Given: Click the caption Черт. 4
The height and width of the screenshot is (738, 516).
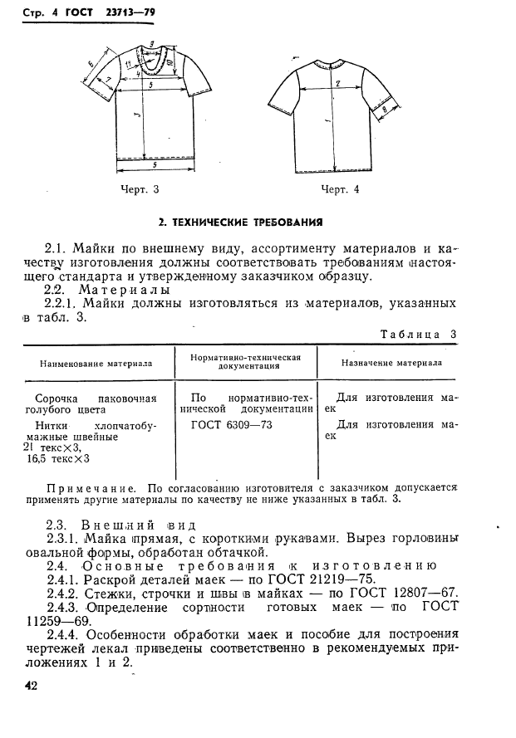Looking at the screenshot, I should tap(340, 189).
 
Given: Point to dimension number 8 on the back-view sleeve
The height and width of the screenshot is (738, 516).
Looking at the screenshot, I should tap(384, 109).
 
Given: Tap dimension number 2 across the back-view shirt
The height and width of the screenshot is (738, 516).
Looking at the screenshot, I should tap(338, 84).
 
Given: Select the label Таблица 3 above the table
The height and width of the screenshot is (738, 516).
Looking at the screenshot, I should tap(419, 334).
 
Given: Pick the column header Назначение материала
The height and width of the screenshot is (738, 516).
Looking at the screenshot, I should tap(391, 363).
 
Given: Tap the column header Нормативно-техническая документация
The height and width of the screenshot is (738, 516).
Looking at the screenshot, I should tap(245, 363).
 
